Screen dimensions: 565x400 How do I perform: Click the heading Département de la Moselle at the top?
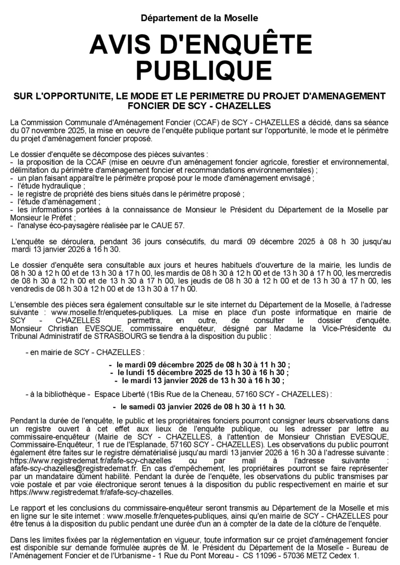click(199, 19)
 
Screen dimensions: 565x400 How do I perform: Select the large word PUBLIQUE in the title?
click(199, 70)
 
